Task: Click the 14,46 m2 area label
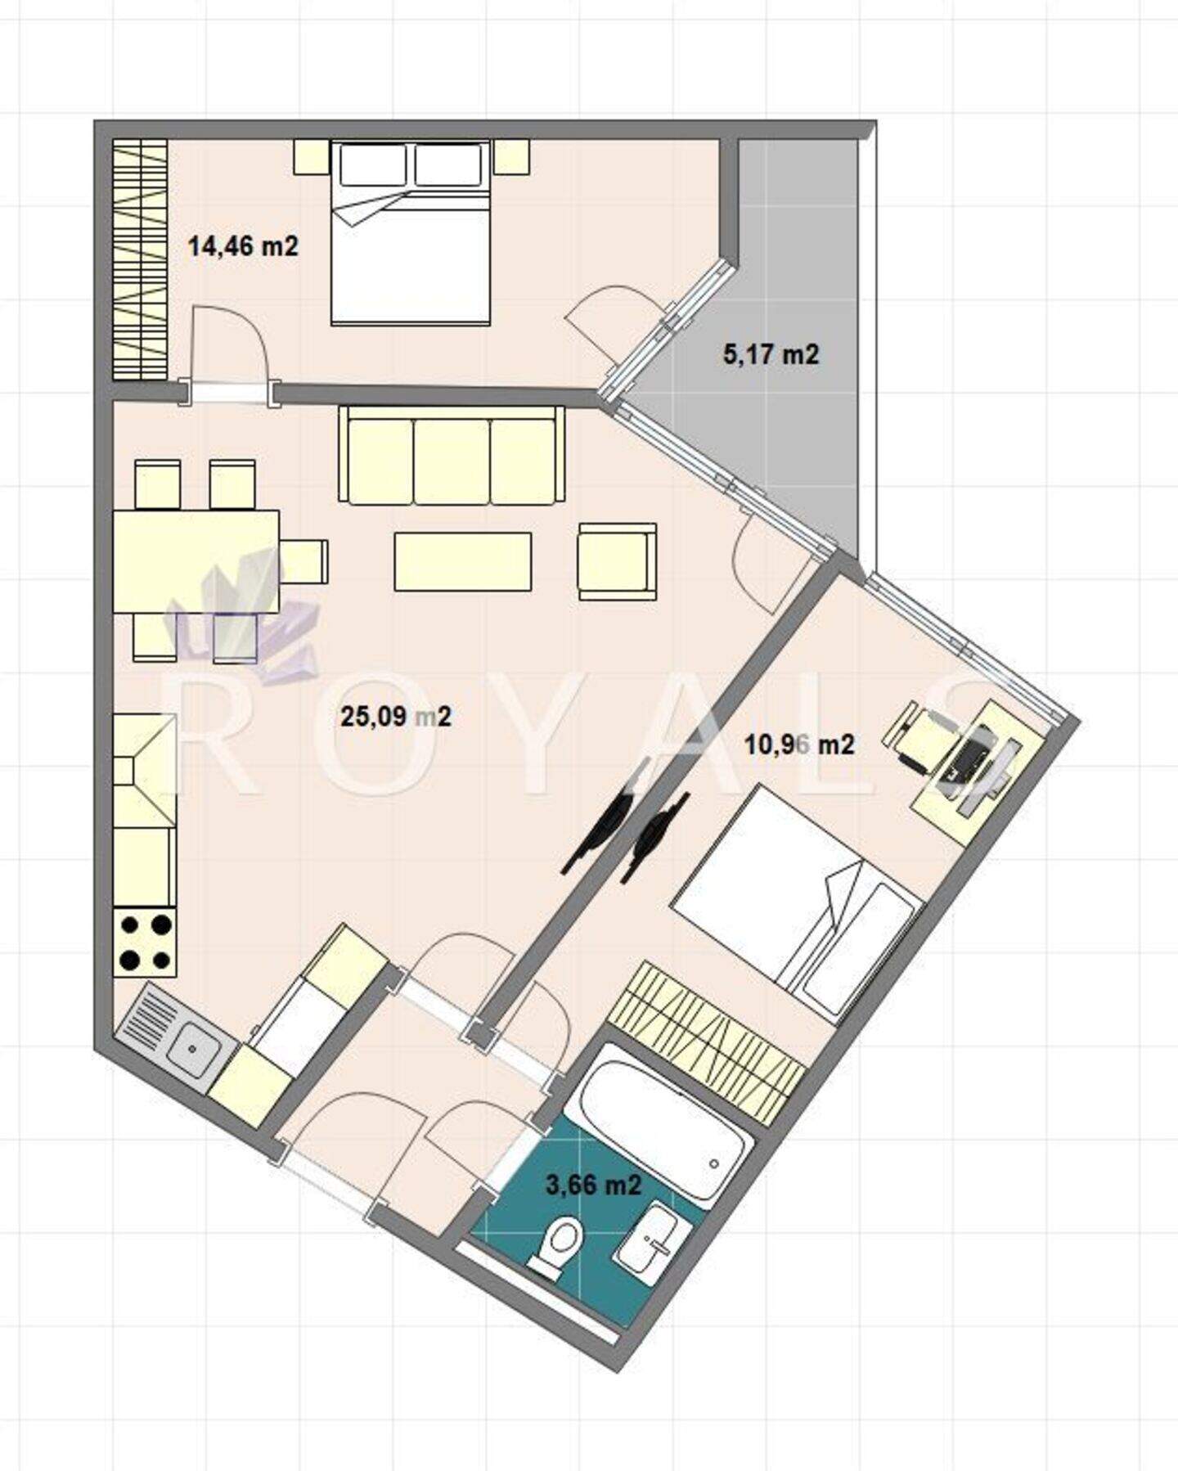point(243,245)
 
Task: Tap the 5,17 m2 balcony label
point(771,354)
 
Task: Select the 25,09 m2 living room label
point(395,717)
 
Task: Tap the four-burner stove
point(146,942)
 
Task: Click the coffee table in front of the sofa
point(463,561)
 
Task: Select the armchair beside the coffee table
point(617,562)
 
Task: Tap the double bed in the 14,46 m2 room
point(411,233)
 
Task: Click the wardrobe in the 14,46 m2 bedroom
point(140,259)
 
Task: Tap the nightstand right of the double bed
point(512,156)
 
